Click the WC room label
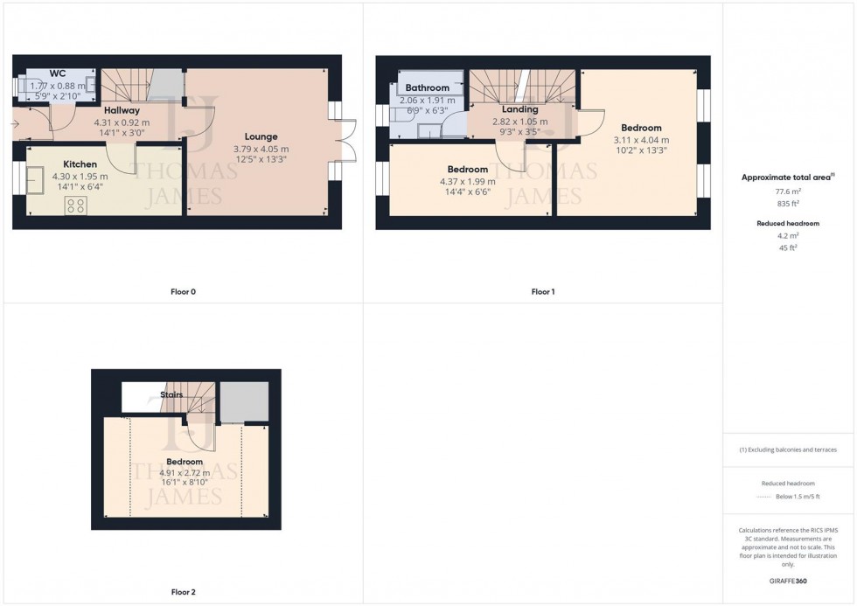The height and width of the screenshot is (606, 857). pos(58,73)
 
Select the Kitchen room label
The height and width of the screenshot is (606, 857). pos(80,164)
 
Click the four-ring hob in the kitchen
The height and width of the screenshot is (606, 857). pos(76,206)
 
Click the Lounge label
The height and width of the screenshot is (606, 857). pos(261,136)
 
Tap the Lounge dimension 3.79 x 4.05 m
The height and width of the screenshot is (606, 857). pos(261,150)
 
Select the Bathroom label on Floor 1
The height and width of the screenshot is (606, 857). pos(428,88)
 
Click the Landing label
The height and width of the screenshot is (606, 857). pos(519,110)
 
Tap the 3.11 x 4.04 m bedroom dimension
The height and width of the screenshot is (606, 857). pos(641,140)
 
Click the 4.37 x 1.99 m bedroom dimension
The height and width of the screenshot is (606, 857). pos(467,181)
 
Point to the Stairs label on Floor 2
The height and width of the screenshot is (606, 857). pos(171,395)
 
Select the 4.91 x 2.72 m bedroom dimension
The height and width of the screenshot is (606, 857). pos(185,474)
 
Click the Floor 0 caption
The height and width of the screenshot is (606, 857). pos(183,291)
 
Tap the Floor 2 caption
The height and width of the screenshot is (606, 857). pos(183,592)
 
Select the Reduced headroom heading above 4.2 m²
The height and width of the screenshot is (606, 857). pos(788,224)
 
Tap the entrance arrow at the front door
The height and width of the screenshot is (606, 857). pos(17,124)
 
